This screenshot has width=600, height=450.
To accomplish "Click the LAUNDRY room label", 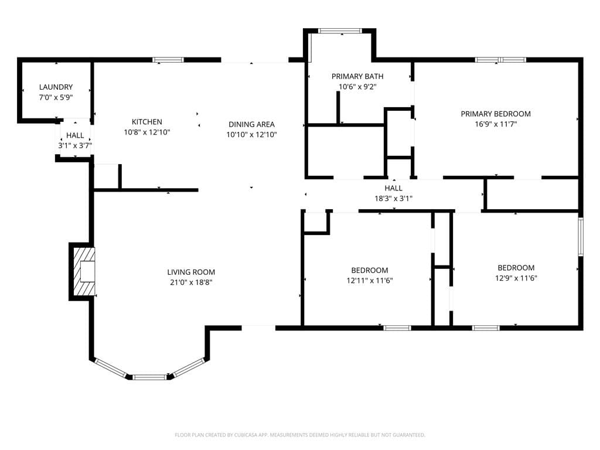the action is tap(56, 87).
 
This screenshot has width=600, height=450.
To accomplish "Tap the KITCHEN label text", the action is tap(147, 122).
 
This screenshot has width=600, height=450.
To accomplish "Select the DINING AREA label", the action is tap(251, 124).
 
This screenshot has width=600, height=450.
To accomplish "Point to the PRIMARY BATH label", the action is tap(357, 77).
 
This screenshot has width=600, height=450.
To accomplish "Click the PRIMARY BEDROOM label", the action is tap(496, 114).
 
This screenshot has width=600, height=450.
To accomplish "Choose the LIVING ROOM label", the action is tap(191, 272).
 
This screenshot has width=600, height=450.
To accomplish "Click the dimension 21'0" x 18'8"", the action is tap(191, 283).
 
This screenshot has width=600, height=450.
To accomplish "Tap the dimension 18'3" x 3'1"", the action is tap(393, 199).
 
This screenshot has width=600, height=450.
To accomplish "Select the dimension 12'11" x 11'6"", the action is tap(370, 281).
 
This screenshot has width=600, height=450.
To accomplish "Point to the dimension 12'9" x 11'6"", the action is tap(516, 278).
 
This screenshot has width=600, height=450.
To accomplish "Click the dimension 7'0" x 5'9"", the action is tap(56, 98).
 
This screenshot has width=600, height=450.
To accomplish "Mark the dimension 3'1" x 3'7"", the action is tap(75, 146).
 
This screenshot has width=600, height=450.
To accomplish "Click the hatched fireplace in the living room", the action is tap(84, 271).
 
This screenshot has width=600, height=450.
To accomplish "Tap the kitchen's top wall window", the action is tap(168, 60).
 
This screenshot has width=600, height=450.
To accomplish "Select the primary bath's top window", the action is tap(340, 31).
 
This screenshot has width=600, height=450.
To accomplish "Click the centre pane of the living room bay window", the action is tap(149, 377).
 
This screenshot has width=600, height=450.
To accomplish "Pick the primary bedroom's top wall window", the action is tap(500, 60).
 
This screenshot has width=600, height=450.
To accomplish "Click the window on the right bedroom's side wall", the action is tap(581, 237).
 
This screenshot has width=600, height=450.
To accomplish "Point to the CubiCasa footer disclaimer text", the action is tap(300, 435).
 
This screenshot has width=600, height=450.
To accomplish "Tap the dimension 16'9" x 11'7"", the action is tap(496, 124).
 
